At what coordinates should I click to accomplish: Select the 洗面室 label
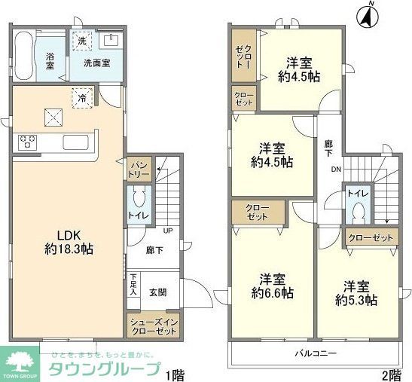[x=97, y=63]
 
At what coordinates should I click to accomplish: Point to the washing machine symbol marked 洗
[x=80, y=39]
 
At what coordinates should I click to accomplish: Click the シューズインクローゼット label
[x=151, y=325]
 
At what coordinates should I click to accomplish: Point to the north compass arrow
[x=370, y=15]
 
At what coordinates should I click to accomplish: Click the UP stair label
[x=167, y=231]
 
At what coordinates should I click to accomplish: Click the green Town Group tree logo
[x=20, y=359]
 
